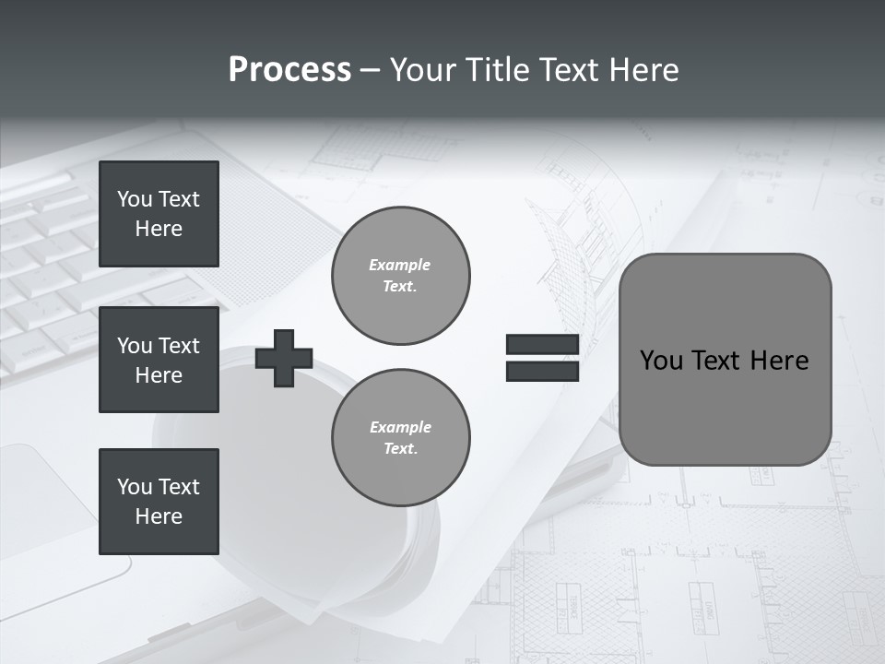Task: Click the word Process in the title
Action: click(x=289, y=70)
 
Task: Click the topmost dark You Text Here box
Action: click(x=159, y=214)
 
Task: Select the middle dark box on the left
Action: click(x=159, y=360)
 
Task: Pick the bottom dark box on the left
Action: click(x=159, y=501)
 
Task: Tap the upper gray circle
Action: click(x=401, y=276)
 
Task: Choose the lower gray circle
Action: click(x=401, y=438)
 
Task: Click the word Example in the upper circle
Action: click(x=400, y=265)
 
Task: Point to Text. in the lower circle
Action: click(x=401, y=449)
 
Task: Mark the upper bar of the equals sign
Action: click(x=542, y=344)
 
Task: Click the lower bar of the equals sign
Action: click(x=542, y=371)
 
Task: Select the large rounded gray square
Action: click(x=726, y=360)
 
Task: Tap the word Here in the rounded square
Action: click(x=780, y=361)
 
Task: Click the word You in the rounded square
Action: click(x=661, y=361)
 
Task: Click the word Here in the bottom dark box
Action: click(x=159, y=516)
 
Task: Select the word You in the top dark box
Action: click(x=135, y=199)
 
